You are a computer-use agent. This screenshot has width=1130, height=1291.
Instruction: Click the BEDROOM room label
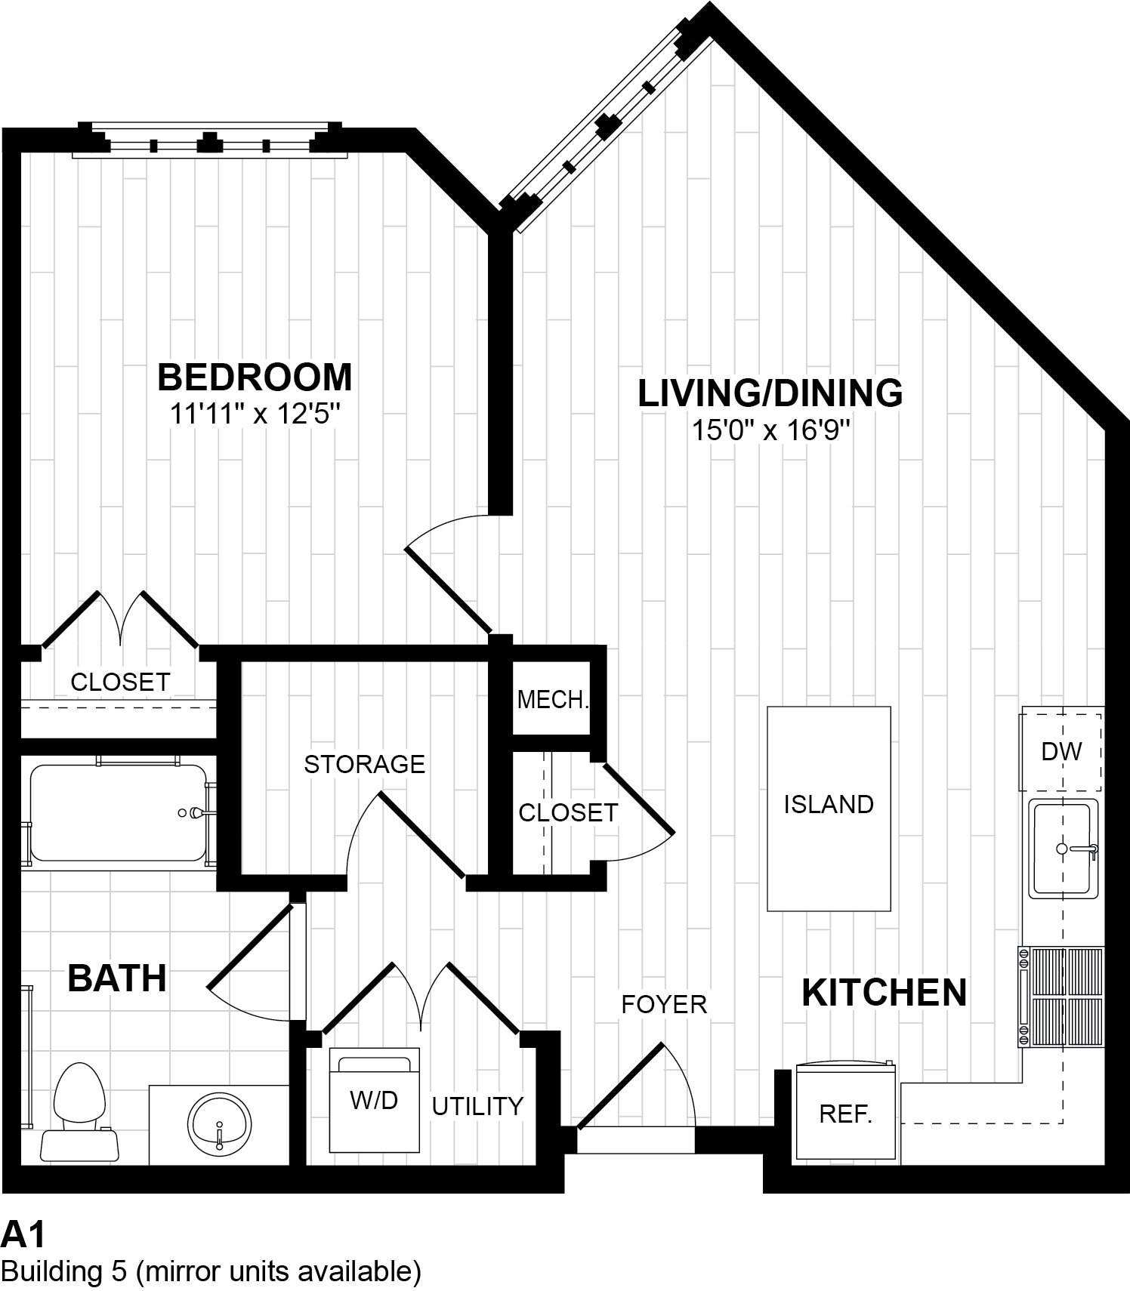(x=255, y=377)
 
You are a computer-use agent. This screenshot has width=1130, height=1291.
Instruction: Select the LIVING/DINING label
(x=770, y=393)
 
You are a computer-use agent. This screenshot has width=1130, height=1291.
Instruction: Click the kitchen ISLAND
(x=829, y=808)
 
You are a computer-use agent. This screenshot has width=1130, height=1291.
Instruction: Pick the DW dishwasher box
(x=1061, y=750)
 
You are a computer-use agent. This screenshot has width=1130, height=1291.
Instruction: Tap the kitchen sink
(x=1064, y=849)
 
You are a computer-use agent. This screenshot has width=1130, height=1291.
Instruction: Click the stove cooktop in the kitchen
(x=1062, y=997)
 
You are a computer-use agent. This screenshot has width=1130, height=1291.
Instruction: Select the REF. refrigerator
(x=846, y=1114)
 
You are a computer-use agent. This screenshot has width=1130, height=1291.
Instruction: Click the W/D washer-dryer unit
(x=374, y=1100)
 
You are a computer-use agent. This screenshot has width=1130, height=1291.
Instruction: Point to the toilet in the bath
(x=79, y=1110)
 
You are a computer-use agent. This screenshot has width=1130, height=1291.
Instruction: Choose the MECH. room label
(x=552, y=700)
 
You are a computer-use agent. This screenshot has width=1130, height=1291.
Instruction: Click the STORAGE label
(x=364, y=764)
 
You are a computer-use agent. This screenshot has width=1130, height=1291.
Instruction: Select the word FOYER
(x=664, y=1004)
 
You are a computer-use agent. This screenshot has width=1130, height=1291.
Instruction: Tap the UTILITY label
(x=477, y=1106)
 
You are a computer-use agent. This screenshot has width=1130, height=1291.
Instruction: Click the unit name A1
(x=23, y=1235)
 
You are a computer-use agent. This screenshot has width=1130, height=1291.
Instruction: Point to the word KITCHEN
(x=884, y=993)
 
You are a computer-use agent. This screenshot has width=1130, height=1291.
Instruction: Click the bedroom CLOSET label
(x=120, y=682)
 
